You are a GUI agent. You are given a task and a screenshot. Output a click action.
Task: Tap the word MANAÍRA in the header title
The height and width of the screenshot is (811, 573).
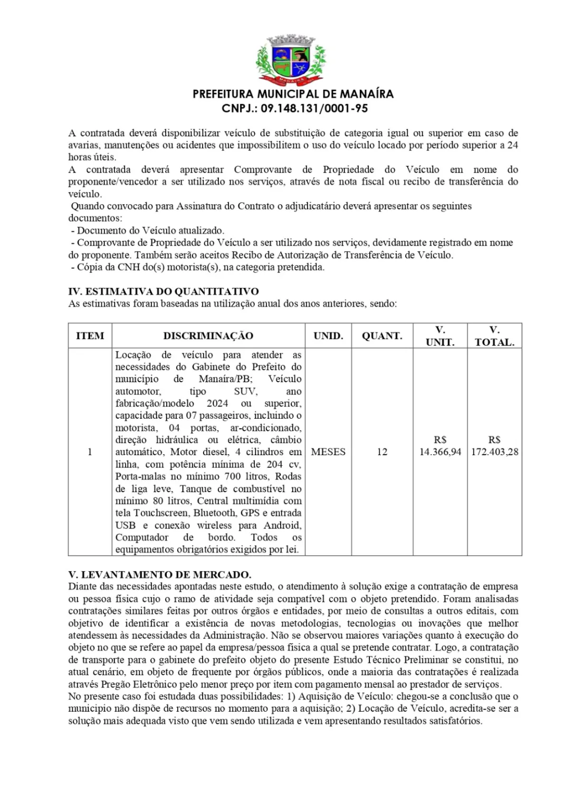(x=367, y=95)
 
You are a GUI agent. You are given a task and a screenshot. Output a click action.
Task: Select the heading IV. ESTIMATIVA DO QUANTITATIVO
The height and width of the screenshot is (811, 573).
(x=164, y=291)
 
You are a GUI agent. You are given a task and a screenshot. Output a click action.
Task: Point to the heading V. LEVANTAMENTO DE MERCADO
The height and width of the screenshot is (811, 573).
(x=160, y=574)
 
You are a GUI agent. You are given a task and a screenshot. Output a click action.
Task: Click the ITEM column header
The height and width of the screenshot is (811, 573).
(x=90, y=336)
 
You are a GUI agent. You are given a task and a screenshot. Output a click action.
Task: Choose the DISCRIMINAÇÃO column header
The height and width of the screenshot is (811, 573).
(x=208, y=336)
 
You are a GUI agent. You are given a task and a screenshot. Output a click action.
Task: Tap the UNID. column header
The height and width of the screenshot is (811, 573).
(x=328, y=336)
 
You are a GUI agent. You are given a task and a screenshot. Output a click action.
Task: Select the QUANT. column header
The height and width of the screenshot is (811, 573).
(x=382, y=336)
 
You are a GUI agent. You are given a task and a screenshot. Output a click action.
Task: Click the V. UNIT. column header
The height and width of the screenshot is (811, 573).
(x=440, y=336)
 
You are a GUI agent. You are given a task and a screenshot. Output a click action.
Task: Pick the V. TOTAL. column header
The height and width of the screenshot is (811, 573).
(x=494, y=336)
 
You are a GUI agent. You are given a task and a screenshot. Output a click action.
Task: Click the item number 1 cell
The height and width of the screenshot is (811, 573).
(x=90, y=452)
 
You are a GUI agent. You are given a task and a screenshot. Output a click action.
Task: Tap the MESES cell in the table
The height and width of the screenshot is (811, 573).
(x=328, y=452)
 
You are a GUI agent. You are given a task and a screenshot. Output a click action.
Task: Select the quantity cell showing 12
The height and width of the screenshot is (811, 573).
(x=382, y=452)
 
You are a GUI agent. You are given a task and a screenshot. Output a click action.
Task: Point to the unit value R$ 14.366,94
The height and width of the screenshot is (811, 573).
(x=440, y=447)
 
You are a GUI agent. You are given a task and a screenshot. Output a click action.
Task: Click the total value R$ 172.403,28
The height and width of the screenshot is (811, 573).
(x=494, y=447)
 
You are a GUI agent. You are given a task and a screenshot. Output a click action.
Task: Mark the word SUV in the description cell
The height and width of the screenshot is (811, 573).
(x=245, y=391)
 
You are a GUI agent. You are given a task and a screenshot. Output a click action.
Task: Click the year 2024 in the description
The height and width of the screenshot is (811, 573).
(x=217, y=403)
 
